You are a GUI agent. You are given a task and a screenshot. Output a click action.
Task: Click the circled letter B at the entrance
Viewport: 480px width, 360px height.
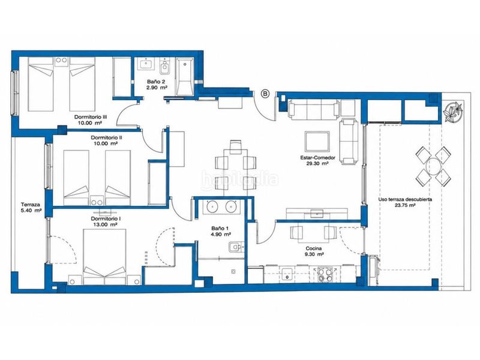(x=265, y=94)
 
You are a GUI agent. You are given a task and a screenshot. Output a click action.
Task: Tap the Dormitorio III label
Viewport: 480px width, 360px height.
(x=91, y=117)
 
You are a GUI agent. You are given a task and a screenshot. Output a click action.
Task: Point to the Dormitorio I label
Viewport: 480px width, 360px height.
(x=106, y=218)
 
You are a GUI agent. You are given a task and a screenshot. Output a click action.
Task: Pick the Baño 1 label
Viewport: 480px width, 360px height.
(x=220, y=229)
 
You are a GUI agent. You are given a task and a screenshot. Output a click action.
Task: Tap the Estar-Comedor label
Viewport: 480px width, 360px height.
(x=317, y=158)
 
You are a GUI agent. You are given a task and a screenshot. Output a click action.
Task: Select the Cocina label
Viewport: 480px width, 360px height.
(x=313, y=248)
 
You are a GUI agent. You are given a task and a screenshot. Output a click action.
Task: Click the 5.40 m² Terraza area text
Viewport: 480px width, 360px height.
(x=31, y=211)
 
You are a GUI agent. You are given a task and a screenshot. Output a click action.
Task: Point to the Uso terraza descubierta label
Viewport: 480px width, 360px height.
(x=405, y=199)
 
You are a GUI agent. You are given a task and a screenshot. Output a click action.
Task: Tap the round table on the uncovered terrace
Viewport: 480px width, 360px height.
(x=433, y=166)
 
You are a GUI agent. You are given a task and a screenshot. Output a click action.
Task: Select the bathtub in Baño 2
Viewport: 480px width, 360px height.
(x=185, y=77)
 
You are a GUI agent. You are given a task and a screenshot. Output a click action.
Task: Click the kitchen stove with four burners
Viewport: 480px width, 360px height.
(x=325, y=274)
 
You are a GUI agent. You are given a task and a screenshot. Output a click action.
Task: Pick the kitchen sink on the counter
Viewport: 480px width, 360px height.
(x=287, y=274)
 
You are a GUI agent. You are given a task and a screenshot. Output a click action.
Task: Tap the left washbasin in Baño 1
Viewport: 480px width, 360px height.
(x=212, y=206)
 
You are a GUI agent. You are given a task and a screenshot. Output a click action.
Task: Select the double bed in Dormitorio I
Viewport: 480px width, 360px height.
(x=104, y=257)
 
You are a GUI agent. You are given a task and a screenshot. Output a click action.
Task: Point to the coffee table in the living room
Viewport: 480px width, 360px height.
(x=317, y=141)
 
